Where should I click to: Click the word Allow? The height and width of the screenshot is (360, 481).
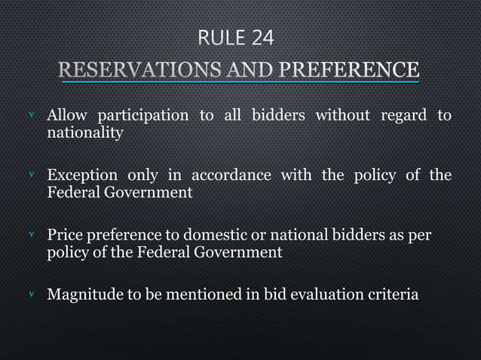(x=67, y=115)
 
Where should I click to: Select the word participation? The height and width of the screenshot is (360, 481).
(x=142, y=115)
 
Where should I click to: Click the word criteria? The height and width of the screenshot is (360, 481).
(x=391, y=294)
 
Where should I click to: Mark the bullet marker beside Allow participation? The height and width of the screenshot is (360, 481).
(x=31, y=116)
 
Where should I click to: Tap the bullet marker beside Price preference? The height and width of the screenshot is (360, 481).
(x=31, y=236)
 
